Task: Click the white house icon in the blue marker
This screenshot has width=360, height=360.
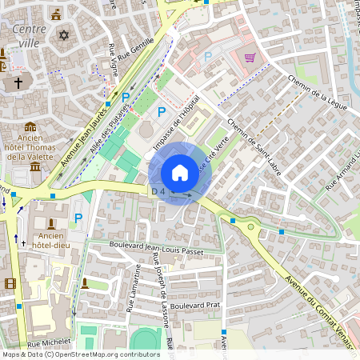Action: [180, 173]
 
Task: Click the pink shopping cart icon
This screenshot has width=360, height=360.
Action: [250, 58]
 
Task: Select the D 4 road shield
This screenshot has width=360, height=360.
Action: [158, 191]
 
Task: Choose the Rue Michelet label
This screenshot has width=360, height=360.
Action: [50, 342]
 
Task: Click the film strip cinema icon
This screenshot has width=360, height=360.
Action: [10, 283]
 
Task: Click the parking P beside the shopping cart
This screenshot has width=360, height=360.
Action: [208, 57]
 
